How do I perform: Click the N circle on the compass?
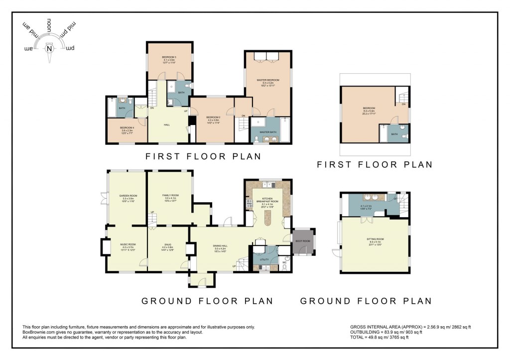[x=49, y=48]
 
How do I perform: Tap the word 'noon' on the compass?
[x=49, y=25]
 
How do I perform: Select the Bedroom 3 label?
[x=169, y=58]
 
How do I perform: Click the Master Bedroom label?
[x=268, y=80]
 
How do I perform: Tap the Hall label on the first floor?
[x=167, y=124]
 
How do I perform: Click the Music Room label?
[x=127, y=244]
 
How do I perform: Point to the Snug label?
[x=167, y=244]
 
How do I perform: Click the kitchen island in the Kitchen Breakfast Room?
[x=268, y=217]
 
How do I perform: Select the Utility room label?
[x=264, y=259]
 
